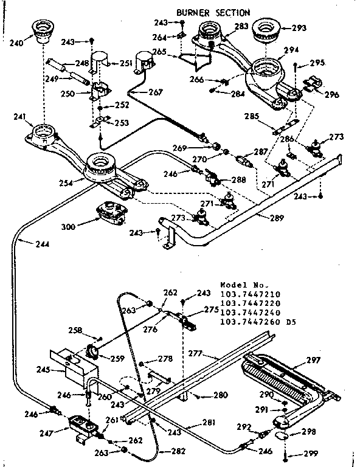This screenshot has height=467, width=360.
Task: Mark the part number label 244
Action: click(25, 244)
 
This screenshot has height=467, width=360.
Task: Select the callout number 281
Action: click(209, 423)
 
